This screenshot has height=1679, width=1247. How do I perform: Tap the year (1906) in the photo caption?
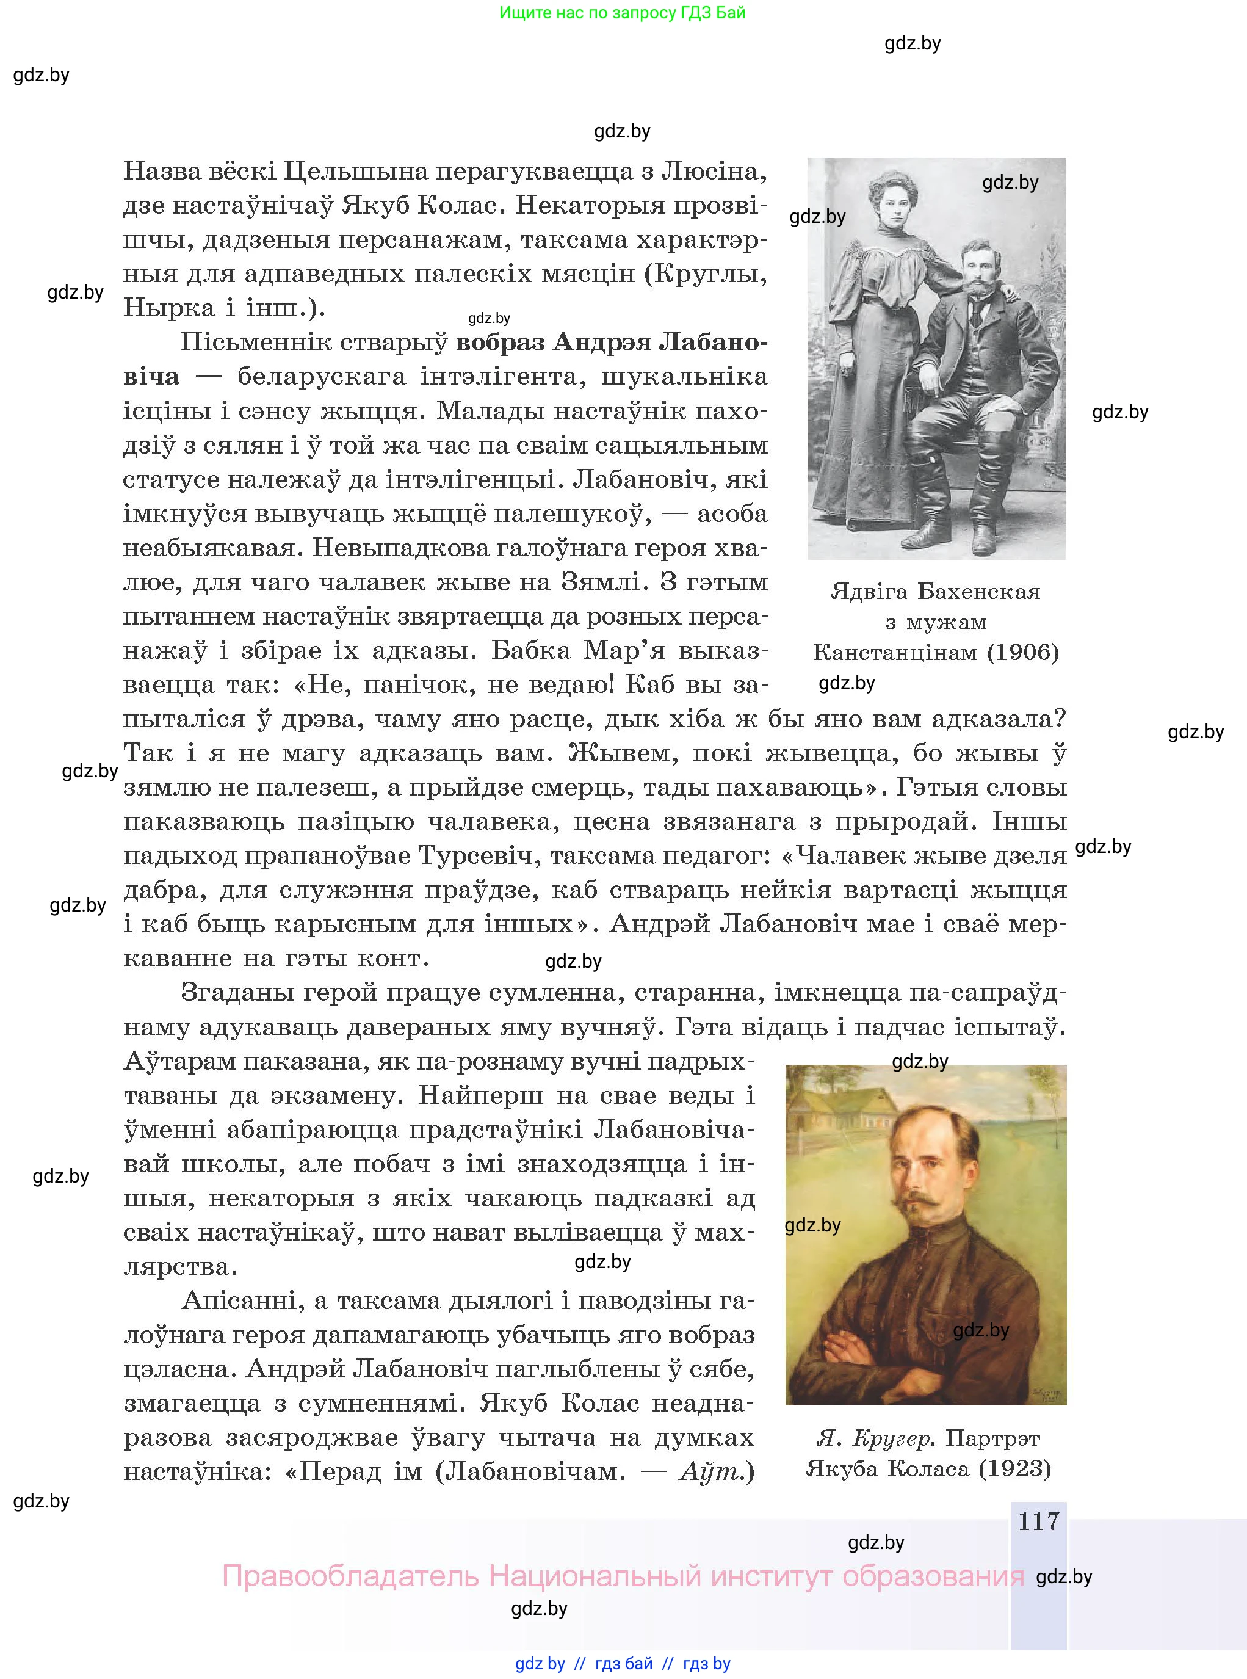pyautogui.click(x=1023, y=652)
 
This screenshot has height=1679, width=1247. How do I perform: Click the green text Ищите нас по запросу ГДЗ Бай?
pyautogui.click(x=622, y=13)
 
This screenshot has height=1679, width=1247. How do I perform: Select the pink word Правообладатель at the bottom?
pyautogui.click(x=350, y=1576)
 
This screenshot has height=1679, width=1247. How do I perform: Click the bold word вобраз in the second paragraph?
pyautogui.click(x=501, y=343)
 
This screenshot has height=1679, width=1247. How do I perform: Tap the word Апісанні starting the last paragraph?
pyautogui.click(x=240, y=1301)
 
